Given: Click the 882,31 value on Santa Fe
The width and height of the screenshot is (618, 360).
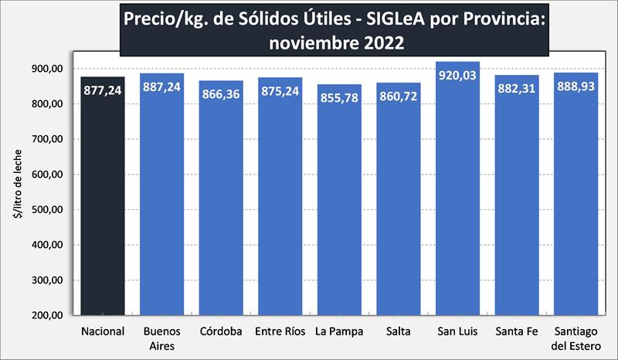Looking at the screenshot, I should [517, 88].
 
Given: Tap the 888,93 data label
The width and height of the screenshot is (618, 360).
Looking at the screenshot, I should [576, 86].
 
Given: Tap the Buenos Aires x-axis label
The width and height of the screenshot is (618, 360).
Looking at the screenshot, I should [161, 338].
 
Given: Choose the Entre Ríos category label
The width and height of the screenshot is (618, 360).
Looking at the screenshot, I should [280, 332].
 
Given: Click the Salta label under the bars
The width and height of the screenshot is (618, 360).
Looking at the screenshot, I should [399, 332].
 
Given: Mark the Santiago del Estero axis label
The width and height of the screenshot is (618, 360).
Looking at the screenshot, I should [576, 338].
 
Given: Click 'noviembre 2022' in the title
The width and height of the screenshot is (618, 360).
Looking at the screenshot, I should [336, 43].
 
